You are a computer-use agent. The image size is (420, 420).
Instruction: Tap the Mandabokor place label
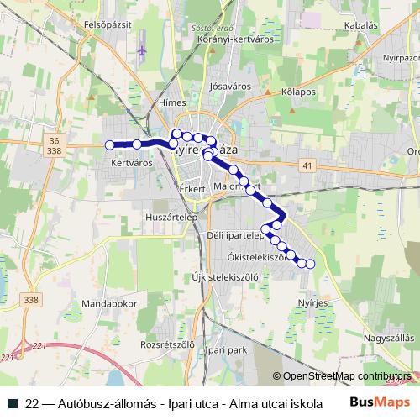(x=110, y=302)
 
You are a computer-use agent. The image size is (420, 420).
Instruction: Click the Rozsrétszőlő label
(x=167, y=344)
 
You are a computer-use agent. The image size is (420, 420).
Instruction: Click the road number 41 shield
(x=308, y=166)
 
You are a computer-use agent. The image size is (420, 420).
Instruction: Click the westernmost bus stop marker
(x=109, y=144)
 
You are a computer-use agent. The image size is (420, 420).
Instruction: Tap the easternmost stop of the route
(x=310, y=265)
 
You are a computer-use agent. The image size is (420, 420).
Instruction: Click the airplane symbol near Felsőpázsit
(x=142, y=50)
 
